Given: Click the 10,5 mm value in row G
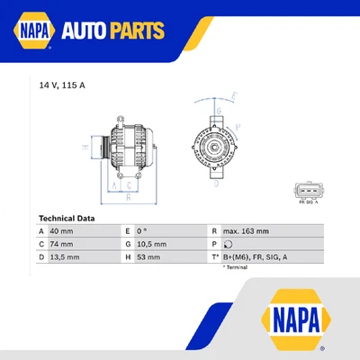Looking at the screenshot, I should tap(158, 244).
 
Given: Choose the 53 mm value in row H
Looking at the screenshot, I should tap(156, 256).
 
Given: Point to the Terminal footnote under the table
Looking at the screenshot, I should tap(235, 268).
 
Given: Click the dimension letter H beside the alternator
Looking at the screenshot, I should tap(83, 147).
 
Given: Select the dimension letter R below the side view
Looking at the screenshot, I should tap(129, 196).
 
